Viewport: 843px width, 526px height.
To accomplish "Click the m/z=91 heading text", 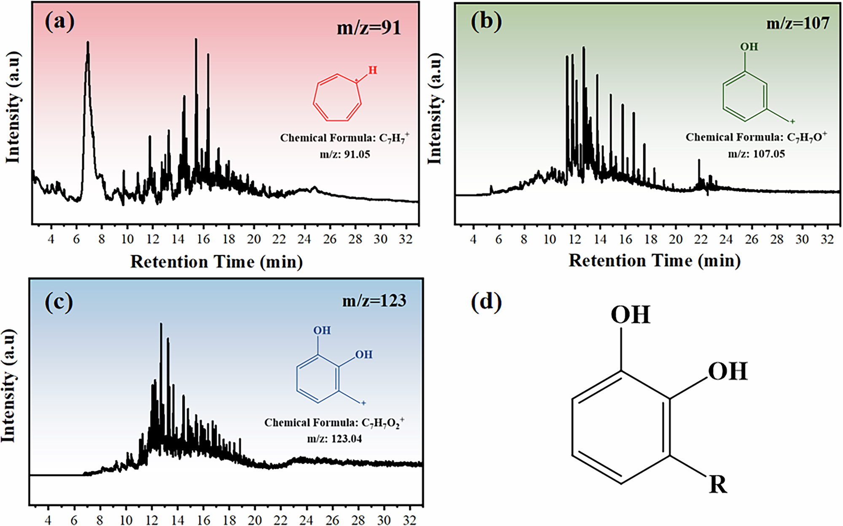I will [368, 28].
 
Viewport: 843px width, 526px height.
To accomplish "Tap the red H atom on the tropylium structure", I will [373, 70].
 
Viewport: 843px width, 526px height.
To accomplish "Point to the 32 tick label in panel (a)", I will [405, 239].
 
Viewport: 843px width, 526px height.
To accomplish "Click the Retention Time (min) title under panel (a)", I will [216, 262].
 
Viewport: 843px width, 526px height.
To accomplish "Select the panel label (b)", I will [486, 21].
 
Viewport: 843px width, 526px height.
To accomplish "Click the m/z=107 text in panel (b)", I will [797, 23].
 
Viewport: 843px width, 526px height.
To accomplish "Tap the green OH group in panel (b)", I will [749, 46].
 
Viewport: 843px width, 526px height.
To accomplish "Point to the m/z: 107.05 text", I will [756, 154].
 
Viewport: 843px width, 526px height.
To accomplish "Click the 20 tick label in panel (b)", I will [675, 239].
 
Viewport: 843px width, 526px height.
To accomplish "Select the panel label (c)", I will [59, 302].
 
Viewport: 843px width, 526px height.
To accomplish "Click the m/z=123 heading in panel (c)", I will [374, 301].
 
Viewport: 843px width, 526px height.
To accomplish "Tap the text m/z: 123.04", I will [334, 439].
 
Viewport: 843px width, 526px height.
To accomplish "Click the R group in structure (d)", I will [718, 485].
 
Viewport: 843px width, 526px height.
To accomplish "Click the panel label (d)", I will [486, 302].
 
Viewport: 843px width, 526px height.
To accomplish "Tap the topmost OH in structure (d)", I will [630, 315].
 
